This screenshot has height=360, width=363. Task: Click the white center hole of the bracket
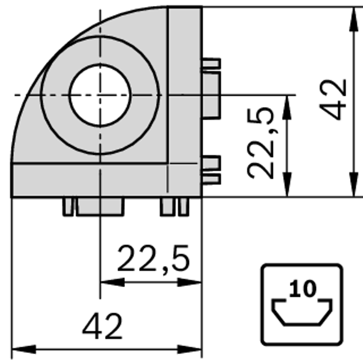click(100, 95)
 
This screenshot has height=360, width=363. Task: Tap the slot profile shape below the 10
click(302, 312)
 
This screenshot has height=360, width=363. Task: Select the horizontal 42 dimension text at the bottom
click(102, 327)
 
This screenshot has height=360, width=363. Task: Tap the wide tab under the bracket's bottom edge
click(100, 206)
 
